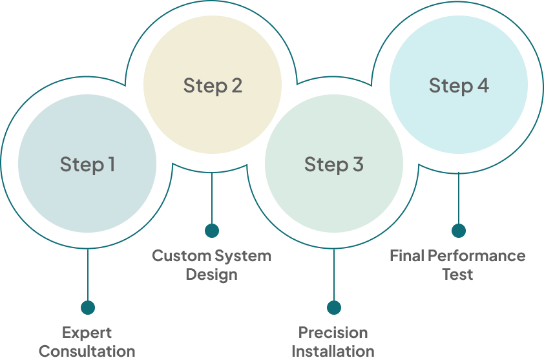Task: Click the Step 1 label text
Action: [x=87, y=164]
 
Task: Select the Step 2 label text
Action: [x=213, y=86]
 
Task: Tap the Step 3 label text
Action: [x=334, y=164]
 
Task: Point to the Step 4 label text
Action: [x=459, y=86]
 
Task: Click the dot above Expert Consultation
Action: [x=88, y=308]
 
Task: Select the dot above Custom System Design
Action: [x=212, y=231]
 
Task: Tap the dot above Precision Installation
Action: [x=334, y=308]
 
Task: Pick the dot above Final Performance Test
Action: [x=459, y=231]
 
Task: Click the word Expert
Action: [x=87, y=333]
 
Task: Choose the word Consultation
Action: [x=87, y=352]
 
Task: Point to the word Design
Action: [x=212, y=275]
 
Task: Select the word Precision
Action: [x=333, y=333]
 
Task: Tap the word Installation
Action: [x=333, y=352]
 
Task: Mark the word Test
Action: [x=457, y=274]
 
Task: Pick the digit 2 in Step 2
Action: [x=237, y=85]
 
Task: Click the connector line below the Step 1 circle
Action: [x=88, y=275]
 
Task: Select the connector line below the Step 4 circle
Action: [x=459, y=198]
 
